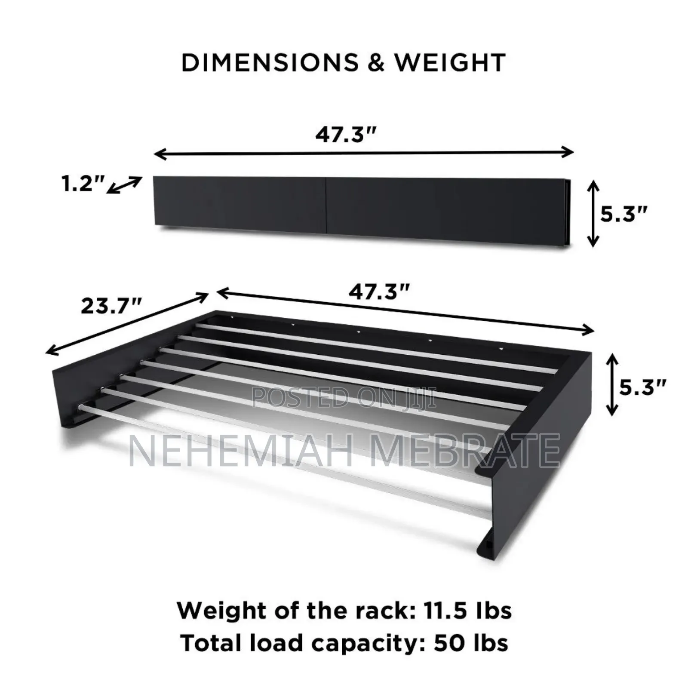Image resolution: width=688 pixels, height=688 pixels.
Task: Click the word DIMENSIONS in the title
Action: pos(270,63)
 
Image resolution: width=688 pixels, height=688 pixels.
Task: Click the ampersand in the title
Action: pos(376,63)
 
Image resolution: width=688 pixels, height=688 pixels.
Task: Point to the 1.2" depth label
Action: pos(82,184)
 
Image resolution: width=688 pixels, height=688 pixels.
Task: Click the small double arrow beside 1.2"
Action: pos(124,185)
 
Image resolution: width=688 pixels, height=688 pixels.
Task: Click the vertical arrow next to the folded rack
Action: pos(593,214)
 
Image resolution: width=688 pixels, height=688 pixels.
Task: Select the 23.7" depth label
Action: pos(111,306)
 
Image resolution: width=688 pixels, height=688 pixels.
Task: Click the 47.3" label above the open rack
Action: pos(379,292)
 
